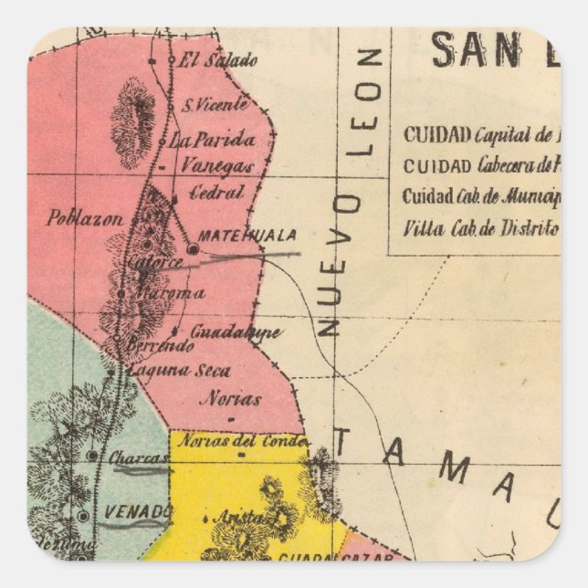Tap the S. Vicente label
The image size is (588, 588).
click(x=215, y=104)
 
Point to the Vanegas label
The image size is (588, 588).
click(x=216, y=166)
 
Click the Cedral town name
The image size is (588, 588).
click(x=216, y=193)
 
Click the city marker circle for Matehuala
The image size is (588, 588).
click(x=193, y=247)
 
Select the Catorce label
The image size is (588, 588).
click(x=156, y=262)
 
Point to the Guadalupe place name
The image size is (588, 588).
click(x=236, y=331)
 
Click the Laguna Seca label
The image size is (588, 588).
click(x=179, y=371)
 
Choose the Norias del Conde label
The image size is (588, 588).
click(x=242, y=440)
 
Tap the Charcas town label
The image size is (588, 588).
click(x=139, y=457)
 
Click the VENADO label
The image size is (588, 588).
click(x=139, y=509)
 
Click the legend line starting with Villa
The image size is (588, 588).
click(x=479, y=228)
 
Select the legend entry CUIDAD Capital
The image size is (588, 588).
click(x=479, y=135)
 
